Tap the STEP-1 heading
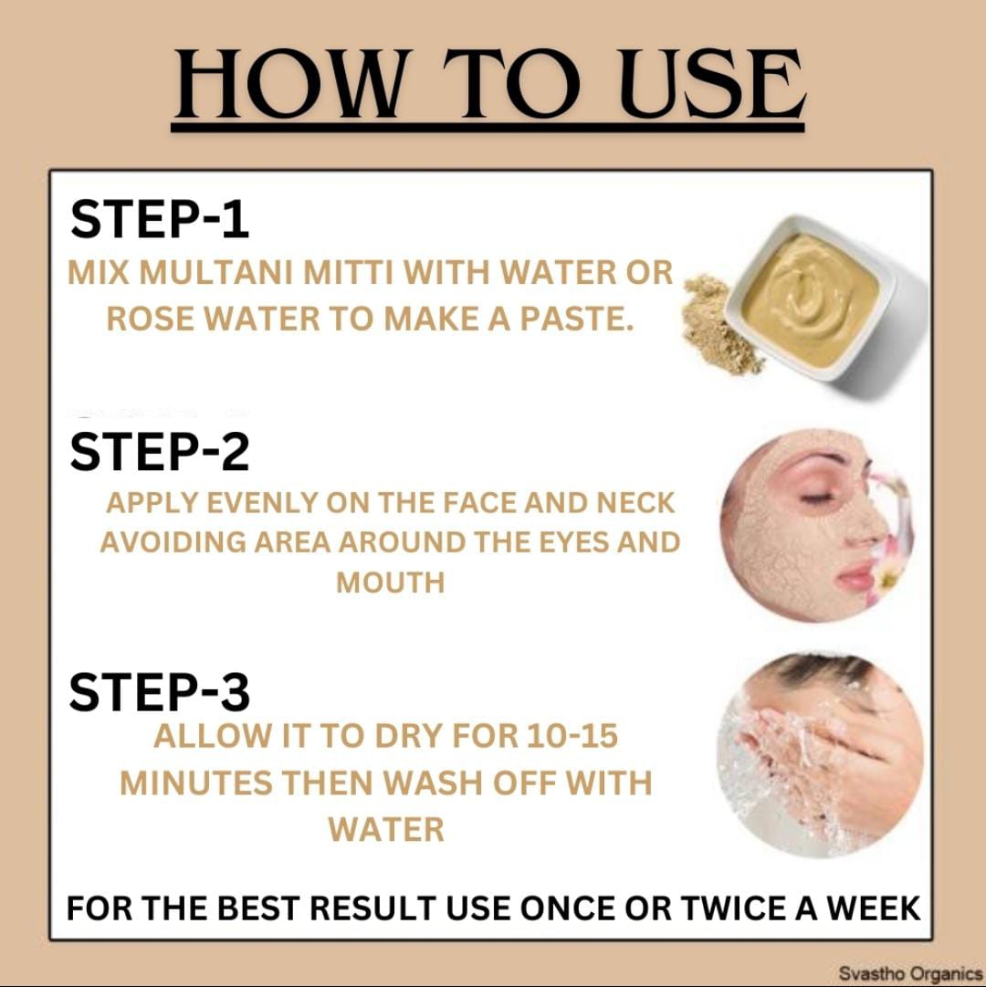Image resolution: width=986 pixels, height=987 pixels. [x=160, y=219]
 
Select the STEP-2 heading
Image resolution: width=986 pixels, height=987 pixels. [x=160, y=451]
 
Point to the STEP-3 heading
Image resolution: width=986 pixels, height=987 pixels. [x=160, y=692]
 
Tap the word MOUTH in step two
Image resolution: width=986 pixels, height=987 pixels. [x=390, y=583]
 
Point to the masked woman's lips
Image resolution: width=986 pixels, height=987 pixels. [x=855, y=574]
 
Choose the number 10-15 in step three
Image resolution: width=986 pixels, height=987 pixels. [x=572, y=736]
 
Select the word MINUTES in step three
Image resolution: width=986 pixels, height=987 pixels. [x=195, y=783]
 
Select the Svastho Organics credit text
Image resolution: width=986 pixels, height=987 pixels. [x=910, y=972]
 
